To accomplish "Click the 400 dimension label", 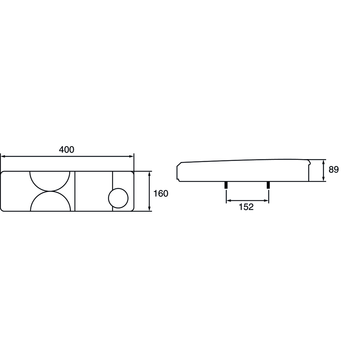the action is click(x=67, y=150).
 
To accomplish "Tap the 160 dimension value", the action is click(x=161, y=194).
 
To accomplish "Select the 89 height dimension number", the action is click(x=334, y=170).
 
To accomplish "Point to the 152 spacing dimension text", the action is click(x=246, y=207).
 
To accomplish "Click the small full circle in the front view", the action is click(x=118, y=198).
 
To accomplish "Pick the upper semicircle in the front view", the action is click(x=50, y=191).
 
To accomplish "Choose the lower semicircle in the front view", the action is click(x=50, y=192).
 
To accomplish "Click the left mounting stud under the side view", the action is click(x=226, y=185).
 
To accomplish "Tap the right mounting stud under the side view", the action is click(x=268, y=185).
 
